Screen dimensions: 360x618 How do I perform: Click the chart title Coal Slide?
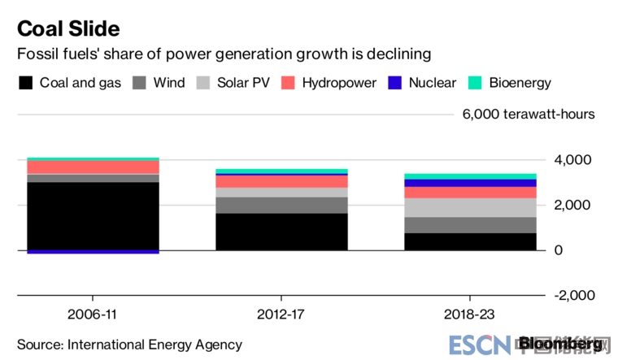coord(68,28)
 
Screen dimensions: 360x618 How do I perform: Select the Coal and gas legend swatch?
coord(26,83)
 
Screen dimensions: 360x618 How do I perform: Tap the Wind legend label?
coord(169,83)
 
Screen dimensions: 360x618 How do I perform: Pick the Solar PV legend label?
coord(244,83)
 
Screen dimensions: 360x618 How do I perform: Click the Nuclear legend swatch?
coord(396,83)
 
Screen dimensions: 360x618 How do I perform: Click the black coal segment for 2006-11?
coord(93,215)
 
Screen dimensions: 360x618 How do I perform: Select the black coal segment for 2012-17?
coord(281,232)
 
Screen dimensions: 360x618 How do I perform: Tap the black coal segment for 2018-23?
coord(471,241)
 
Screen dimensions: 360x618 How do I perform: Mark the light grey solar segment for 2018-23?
coord(471,207)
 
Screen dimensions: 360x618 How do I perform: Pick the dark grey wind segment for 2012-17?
coord(281,205)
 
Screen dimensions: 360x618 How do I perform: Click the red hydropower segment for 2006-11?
coord(93,167)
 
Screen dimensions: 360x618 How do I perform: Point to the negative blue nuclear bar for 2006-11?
coord(93,252)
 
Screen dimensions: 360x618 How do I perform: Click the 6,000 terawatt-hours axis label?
coord(529,114)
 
